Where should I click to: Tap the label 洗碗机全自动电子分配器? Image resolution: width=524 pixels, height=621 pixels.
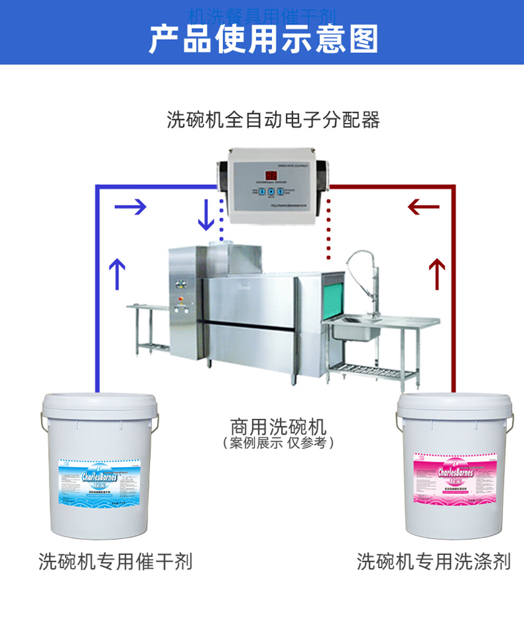[x=273, y=120]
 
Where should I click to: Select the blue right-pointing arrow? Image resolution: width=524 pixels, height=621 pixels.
[x=130, y=206]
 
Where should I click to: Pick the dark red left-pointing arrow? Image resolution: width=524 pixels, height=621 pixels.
[x=423, y=206]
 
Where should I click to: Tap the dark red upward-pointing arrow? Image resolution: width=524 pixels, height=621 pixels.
[x=437, y=273]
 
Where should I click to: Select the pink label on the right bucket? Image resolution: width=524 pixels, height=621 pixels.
[x=456, y=478]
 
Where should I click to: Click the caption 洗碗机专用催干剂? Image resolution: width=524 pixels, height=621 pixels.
[x=115, y=561]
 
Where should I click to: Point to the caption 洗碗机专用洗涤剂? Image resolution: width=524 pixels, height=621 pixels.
[x=433, y=561]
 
